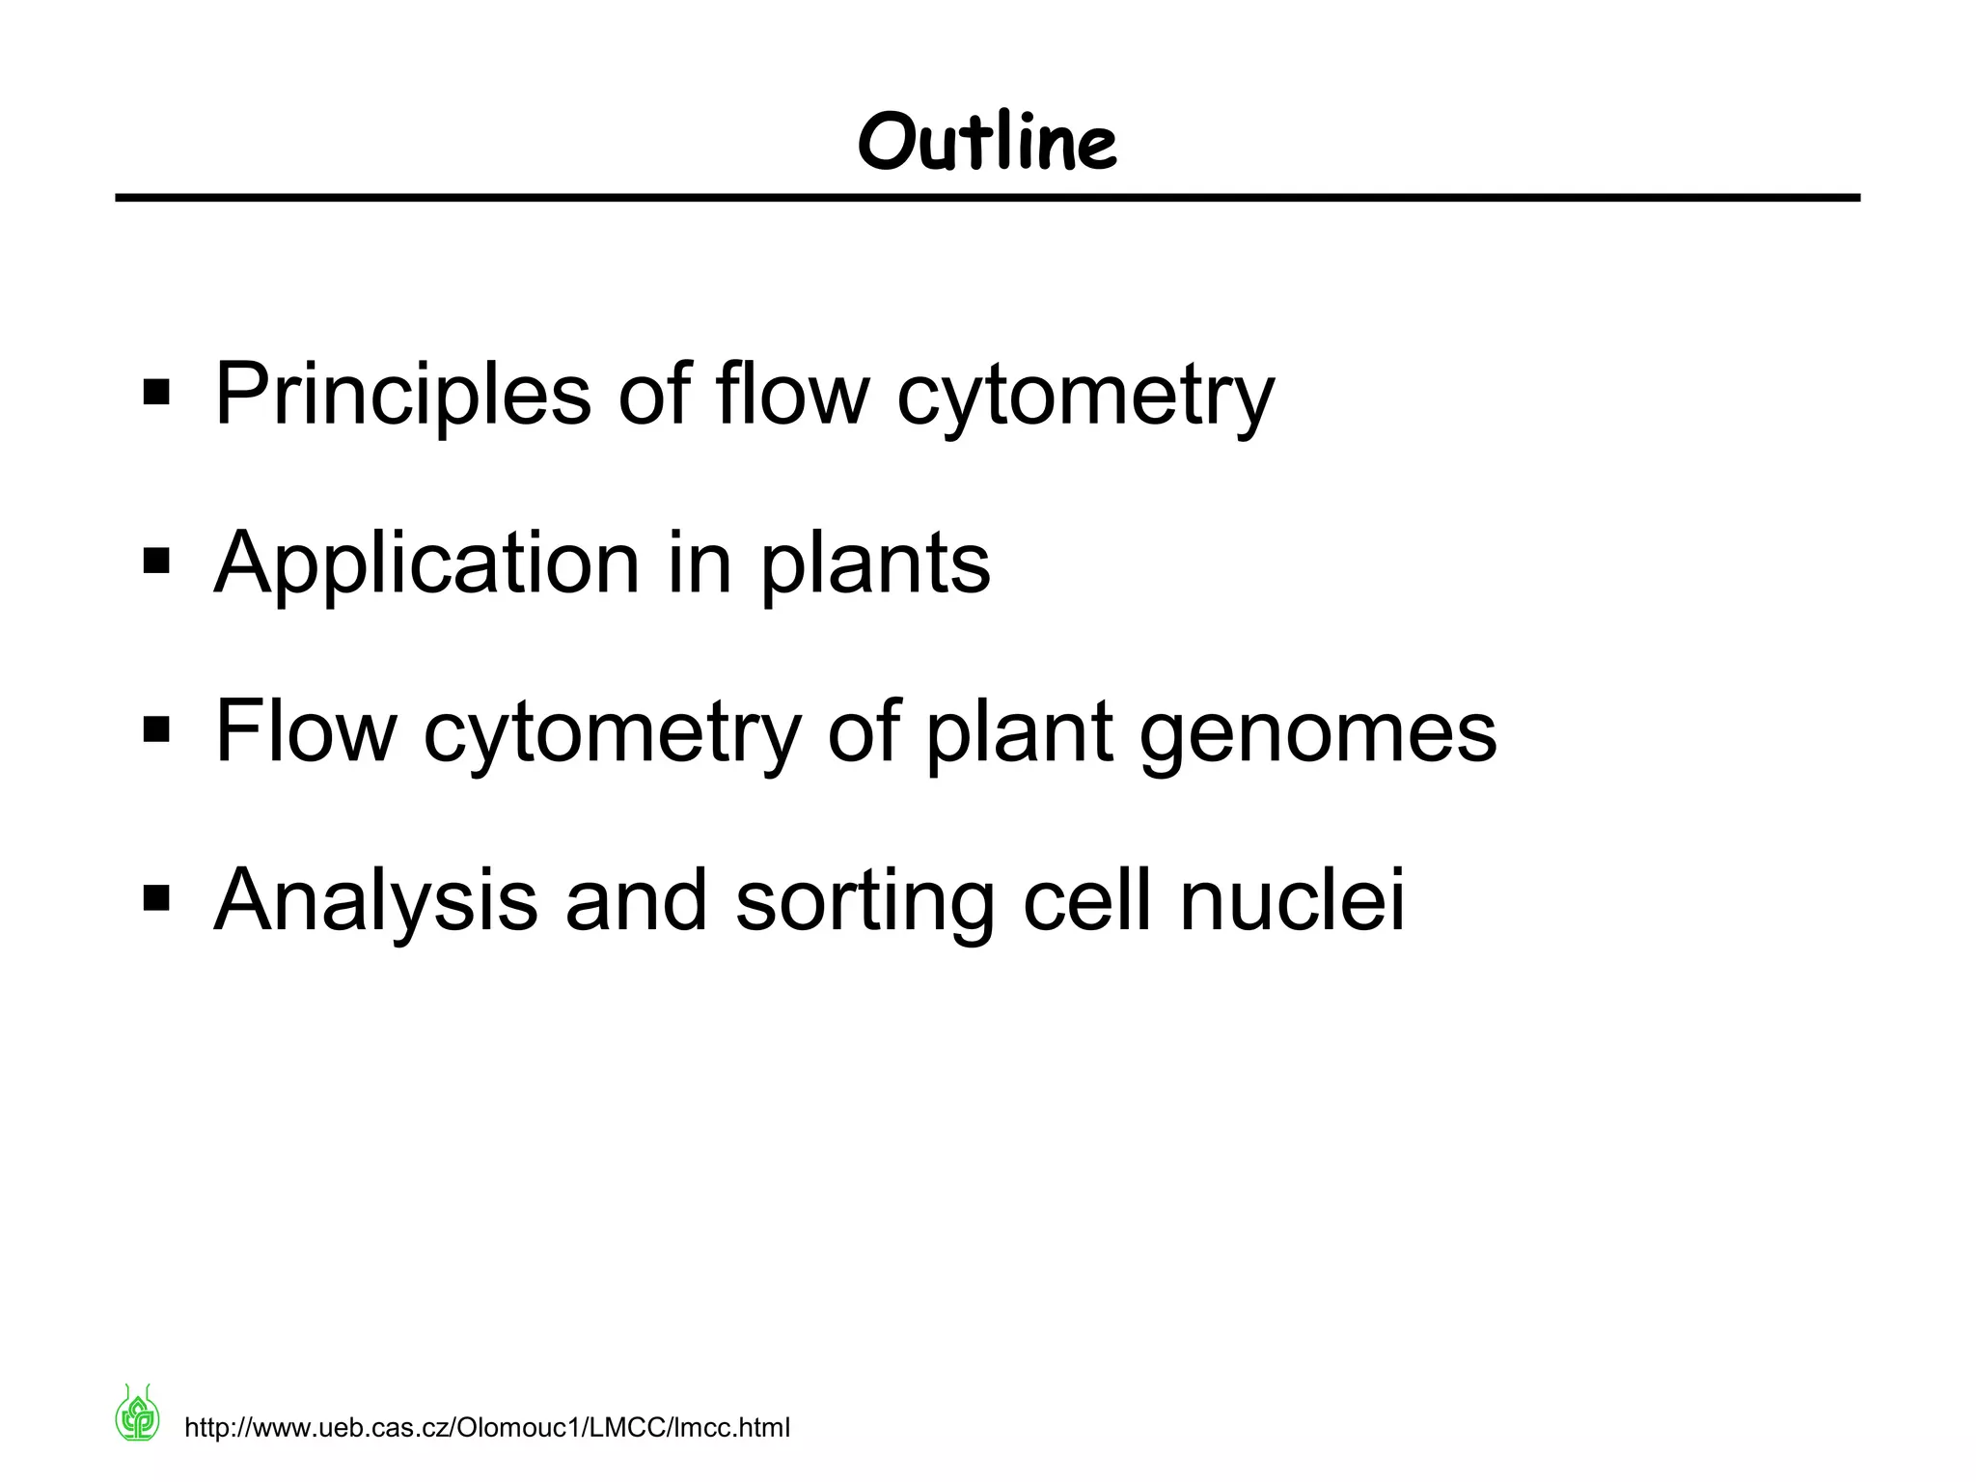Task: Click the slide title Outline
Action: [987, 142]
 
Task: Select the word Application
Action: [426, 563]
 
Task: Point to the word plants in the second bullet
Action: [875, 563]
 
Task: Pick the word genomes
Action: [1317, 733]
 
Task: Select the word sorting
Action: [864, 902]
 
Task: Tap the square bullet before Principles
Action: [156, 394]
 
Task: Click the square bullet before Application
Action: [156, 562]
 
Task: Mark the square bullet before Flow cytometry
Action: [156, 730]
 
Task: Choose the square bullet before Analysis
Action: [156, 899]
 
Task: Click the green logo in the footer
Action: [138, 1414]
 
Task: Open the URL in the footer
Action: [486, 1428]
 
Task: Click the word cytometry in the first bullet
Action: [1085, 396]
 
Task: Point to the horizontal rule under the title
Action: [987, 198]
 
